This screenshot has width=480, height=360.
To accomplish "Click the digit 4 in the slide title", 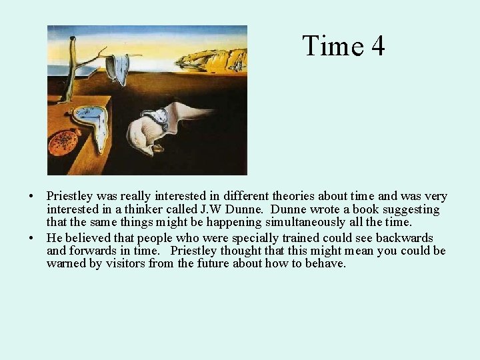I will (377, 46).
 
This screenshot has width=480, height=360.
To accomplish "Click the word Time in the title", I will (332, 46).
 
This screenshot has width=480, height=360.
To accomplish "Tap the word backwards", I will (404, 239).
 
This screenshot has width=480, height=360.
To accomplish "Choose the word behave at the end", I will (326, 263).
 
